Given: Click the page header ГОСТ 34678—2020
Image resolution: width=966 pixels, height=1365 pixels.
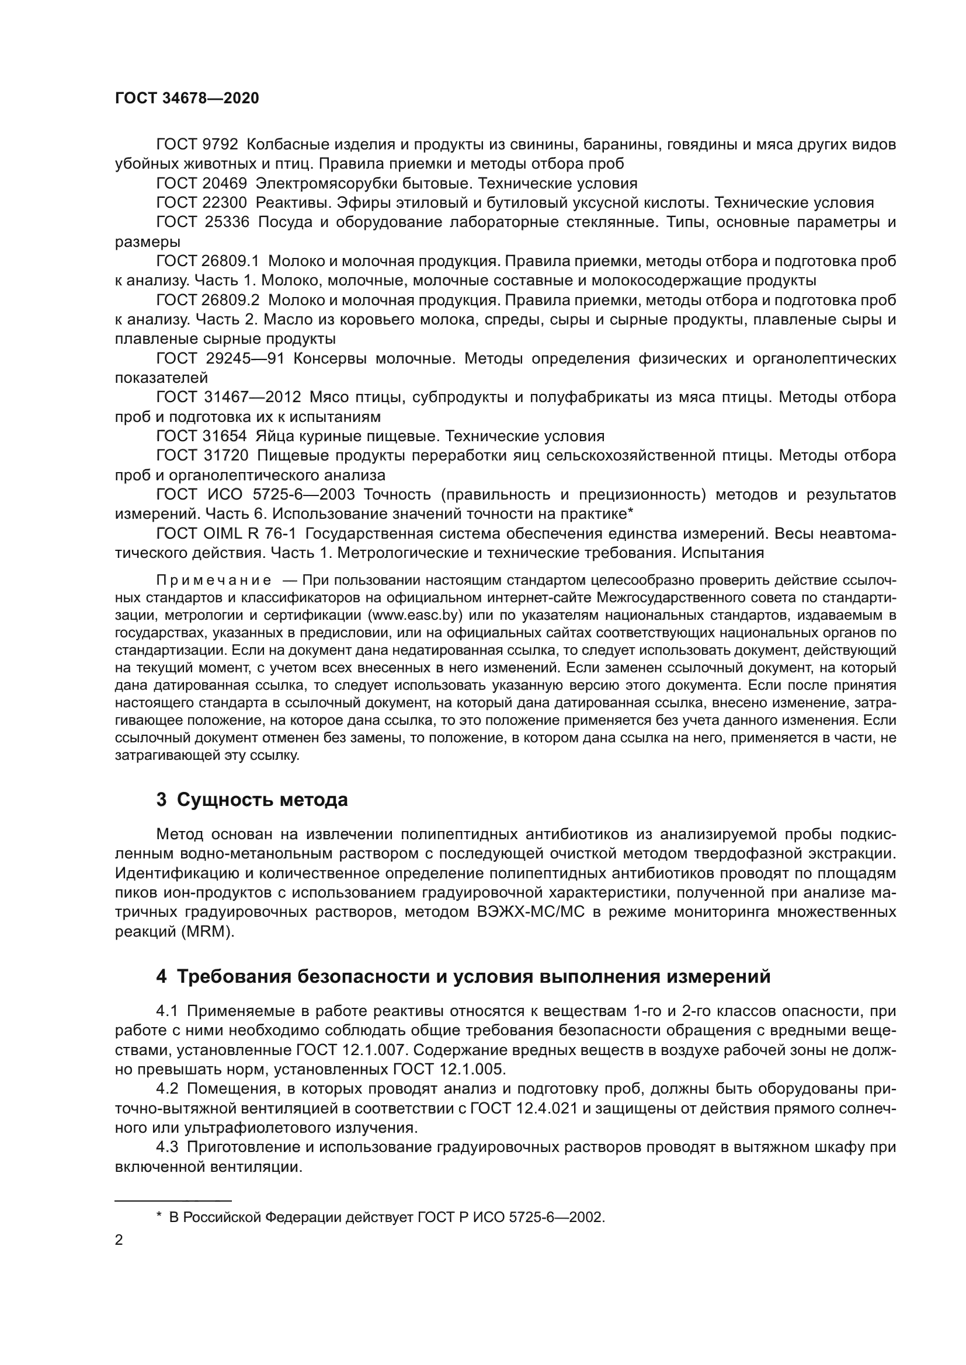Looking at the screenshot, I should click(187, 98).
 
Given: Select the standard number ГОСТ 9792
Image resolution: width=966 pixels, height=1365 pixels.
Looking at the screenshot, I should click(197, 145).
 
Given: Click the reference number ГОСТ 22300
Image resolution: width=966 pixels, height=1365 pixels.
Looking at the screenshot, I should click(201, 203).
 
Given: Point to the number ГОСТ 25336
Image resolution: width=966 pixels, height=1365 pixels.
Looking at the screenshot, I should click(201, 222).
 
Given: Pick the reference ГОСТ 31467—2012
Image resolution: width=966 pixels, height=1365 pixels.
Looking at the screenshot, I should click(228, 397).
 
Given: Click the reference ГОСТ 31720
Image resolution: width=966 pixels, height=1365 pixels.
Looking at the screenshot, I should click(201, 455).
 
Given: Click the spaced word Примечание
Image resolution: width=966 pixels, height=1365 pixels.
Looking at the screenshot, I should click(214, 580).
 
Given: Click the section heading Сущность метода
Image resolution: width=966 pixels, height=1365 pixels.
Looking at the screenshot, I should click(262, 800).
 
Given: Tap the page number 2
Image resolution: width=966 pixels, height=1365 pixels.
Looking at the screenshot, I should click(119, 1240).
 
